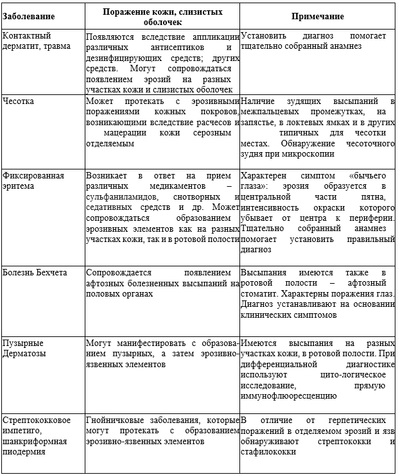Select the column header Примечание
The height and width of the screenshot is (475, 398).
pyautogui.click(x=318, y=16)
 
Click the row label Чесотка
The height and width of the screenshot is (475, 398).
pyautogui.click(x=19, y=101)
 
